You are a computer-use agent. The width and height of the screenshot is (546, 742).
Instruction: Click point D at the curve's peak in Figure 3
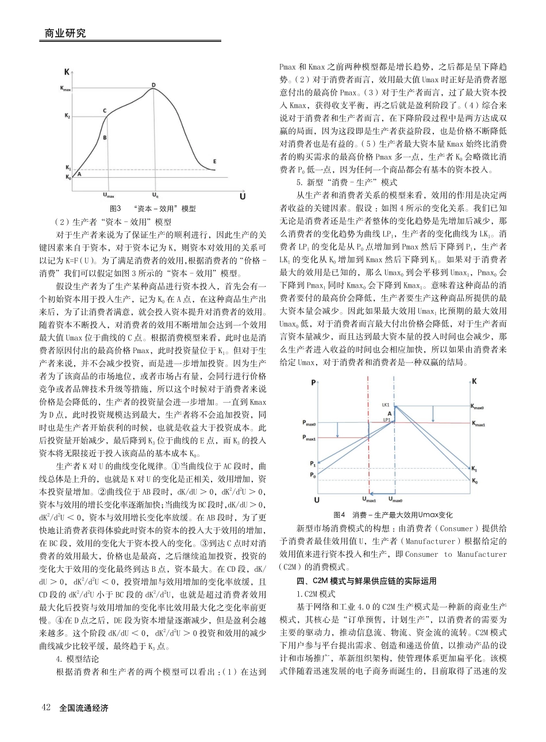point(153,85)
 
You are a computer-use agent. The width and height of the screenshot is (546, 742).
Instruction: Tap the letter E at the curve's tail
point(214,161)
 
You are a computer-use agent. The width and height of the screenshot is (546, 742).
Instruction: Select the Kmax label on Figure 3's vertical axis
point(66,89)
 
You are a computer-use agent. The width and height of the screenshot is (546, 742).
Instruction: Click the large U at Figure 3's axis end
point(242,196)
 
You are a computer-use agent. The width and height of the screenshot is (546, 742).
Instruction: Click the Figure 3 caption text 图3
point(116,208)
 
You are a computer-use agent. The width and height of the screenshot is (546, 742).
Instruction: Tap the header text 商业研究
point(66,33)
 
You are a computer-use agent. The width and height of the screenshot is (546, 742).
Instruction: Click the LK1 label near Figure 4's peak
point(386,404)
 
